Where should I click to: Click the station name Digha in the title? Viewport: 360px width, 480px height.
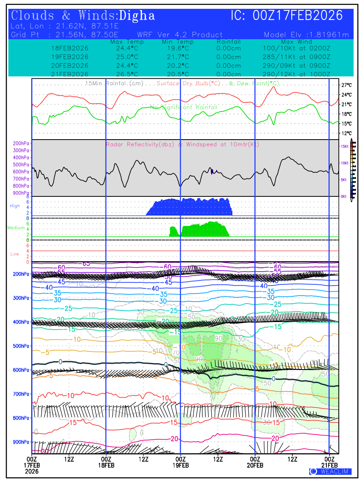[137, 16]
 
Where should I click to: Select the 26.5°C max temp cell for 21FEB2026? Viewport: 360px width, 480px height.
[124, 74]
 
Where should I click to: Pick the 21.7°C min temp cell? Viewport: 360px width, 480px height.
[178, 56]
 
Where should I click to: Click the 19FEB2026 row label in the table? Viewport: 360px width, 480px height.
[70, 56]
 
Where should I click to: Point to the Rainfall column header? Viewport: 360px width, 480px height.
[228, 42]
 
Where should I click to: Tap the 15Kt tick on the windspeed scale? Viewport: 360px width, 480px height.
[344, 146]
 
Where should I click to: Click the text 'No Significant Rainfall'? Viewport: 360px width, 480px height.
[184, 107]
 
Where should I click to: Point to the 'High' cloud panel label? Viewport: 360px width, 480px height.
[15, 206]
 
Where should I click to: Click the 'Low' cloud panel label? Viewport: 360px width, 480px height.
[15, 254]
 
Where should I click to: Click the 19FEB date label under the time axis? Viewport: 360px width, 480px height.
[180, 466]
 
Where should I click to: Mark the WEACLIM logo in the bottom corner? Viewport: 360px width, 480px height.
[330, 471]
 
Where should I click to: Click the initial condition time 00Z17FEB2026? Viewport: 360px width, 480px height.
[298, 16]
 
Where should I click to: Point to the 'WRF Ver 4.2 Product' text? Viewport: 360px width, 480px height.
[180, 35]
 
